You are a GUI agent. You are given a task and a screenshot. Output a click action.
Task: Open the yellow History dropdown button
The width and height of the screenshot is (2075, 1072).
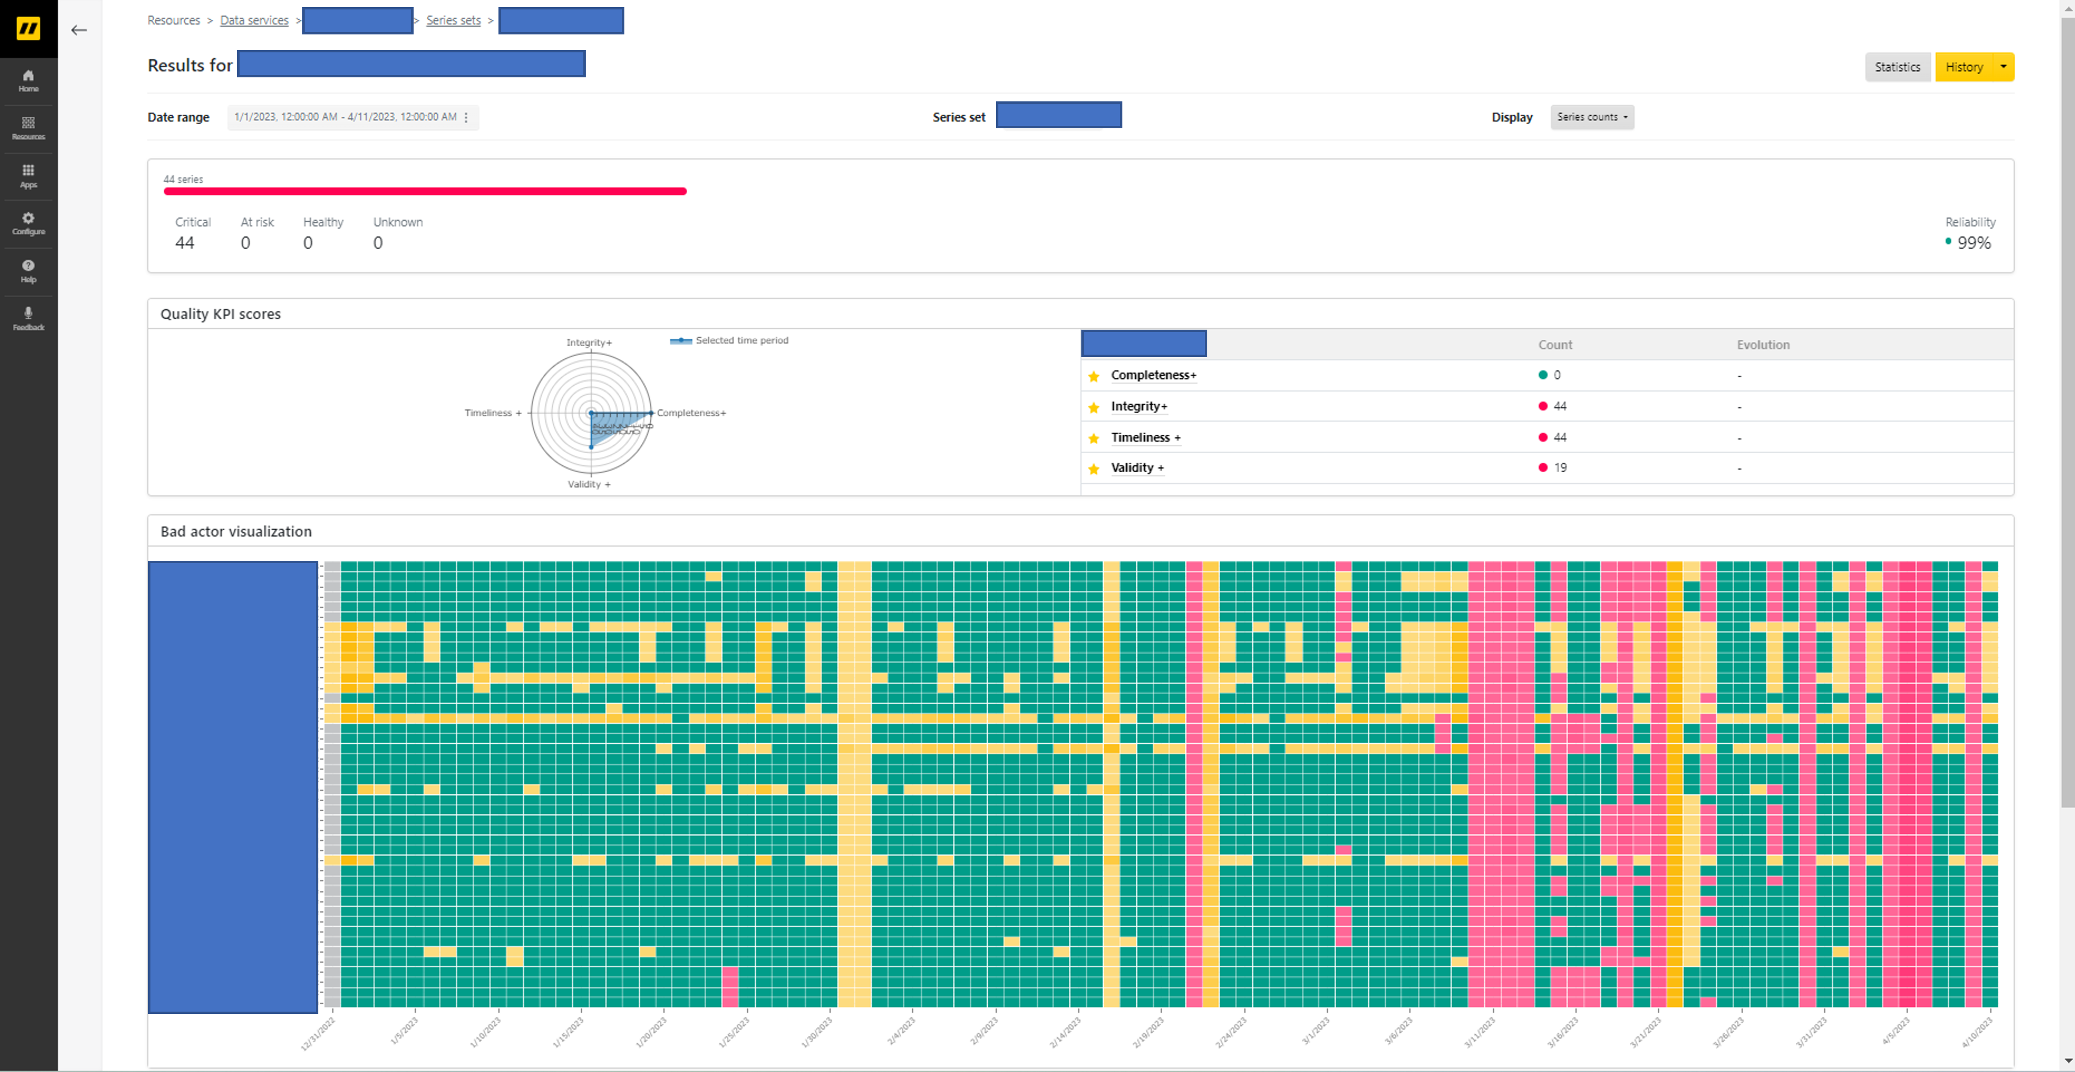coord(1974,67)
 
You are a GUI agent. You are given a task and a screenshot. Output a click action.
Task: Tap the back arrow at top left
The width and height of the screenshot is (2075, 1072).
coord(79,31)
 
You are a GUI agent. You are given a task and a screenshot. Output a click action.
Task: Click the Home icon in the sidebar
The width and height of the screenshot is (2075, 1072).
coord(28,81)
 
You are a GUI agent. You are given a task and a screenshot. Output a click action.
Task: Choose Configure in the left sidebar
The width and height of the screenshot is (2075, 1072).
coord(28,223)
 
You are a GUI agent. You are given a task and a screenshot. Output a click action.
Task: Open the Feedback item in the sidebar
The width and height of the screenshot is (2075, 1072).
coord(28,318)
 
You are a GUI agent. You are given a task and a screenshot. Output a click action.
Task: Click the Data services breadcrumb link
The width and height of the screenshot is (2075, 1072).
coord(254,20)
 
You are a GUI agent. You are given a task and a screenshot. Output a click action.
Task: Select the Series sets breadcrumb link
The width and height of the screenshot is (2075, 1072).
coord(453,20)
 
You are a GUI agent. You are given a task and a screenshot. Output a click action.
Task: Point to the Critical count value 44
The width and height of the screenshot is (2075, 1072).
coord(184,242)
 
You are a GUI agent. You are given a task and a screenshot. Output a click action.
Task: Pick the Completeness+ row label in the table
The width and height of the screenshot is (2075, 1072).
coord(1153,375)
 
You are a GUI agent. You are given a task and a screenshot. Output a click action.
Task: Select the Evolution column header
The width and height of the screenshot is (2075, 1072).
coord(1762,345)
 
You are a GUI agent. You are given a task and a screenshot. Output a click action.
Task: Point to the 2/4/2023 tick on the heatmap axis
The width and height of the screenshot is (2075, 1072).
coord(902,1029)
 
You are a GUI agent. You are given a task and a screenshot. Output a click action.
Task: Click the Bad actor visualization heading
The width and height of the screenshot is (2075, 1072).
coord(235,532)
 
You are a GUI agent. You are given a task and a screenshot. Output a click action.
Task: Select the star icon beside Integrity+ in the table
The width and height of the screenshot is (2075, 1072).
coord(1093,407)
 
